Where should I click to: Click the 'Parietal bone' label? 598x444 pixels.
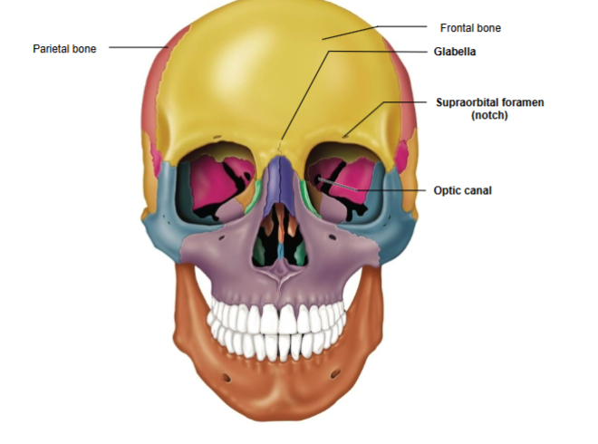(64, 48)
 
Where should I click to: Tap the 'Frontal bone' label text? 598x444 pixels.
(470, 28)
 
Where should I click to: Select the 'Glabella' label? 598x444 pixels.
(456, 52)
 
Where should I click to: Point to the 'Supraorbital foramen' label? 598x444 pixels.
(489, 102)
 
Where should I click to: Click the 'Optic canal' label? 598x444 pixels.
(462, 191)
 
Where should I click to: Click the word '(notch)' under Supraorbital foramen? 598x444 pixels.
(489, 116)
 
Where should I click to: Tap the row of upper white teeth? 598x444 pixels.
(277, 317)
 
